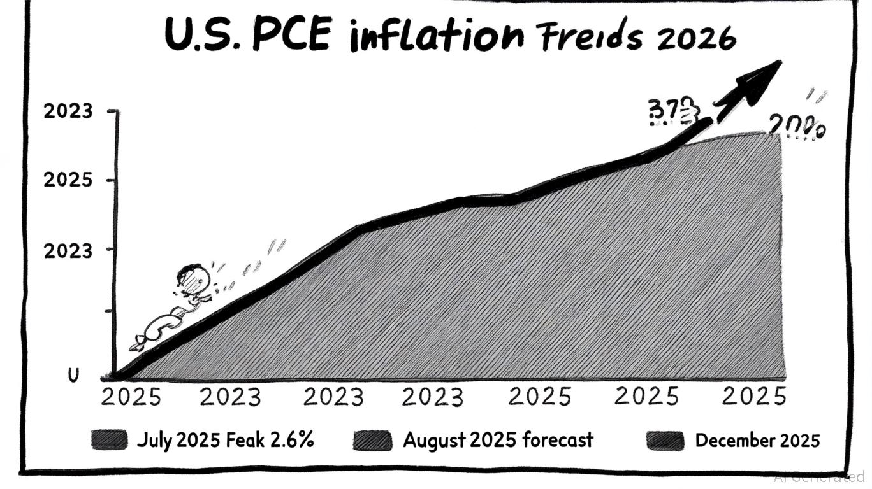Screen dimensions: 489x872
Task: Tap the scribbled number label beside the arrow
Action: [672, 111]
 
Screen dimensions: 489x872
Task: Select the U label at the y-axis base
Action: [73, 376]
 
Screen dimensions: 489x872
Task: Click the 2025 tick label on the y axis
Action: [68, 180]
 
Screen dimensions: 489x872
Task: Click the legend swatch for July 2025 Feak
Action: [110, 440]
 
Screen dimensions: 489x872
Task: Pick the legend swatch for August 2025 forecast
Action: [372, 440]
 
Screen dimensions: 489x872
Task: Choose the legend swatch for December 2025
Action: [665, 440]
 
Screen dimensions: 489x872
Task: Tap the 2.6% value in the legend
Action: [293, 440]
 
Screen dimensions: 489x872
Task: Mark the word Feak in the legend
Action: [249, 440]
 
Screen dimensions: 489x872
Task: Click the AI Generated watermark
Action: [819, 476]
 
